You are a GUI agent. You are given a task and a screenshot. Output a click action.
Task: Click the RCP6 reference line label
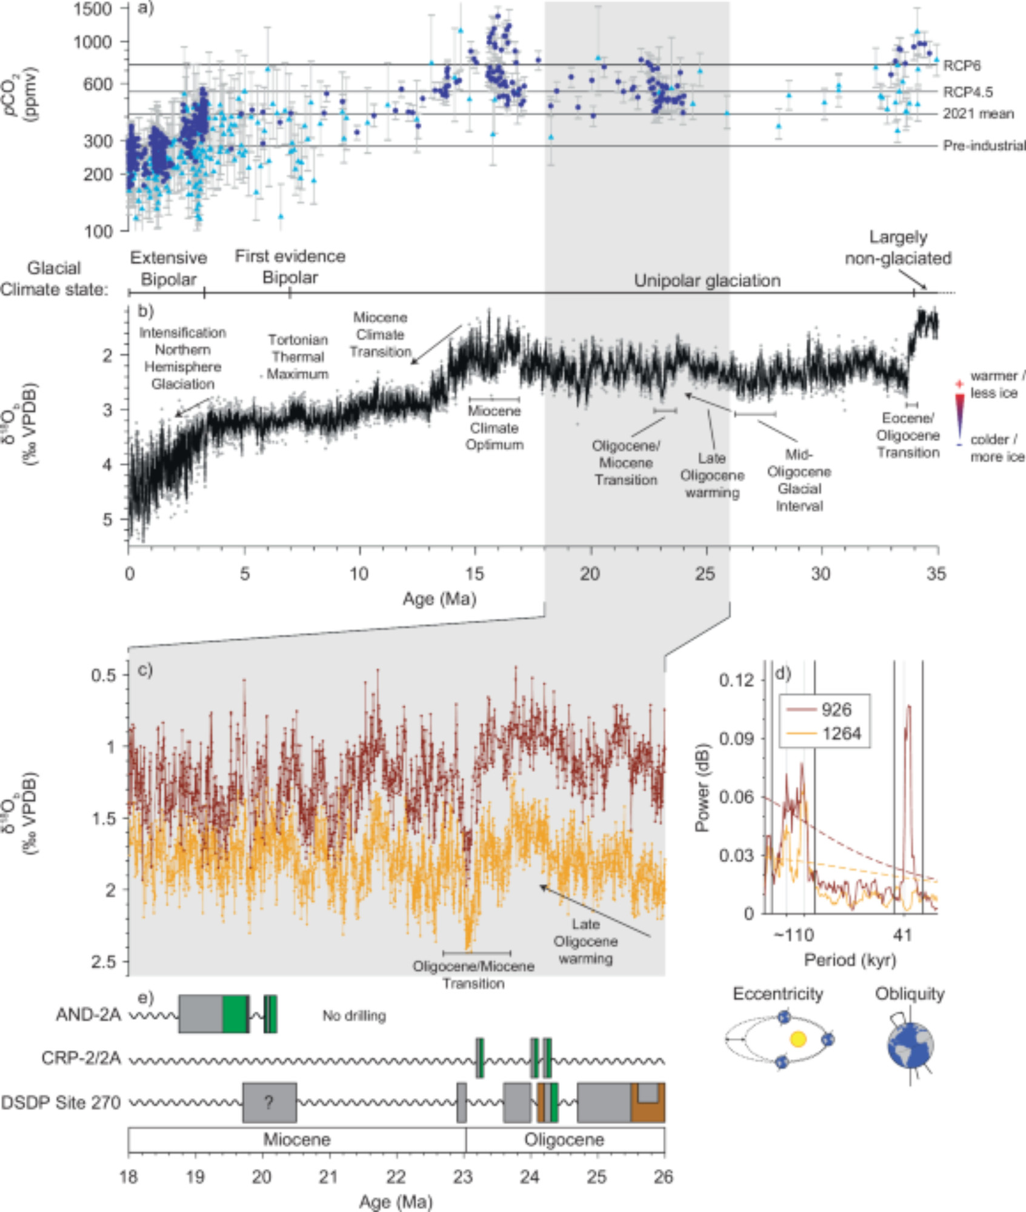point(962,65)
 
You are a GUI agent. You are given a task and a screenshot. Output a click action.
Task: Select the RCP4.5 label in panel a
point(968,92)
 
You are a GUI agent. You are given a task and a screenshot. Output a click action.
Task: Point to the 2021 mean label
point(978,114)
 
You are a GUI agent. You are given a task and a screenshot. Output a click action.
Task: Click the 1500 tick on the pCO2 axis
point(93,9)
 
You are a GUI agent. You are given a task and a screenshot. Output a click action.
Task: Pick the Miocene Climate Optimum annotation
point(494,428)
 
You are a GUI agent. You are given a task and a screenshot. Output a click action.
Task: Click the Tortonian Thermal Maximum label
point(298,357)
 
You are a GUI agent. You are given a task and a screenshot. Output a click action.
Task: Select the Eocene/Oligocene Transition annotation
point(908,435)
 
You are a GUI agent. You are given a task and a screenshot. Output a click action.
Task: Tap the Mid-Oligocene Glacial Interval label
point(799,480)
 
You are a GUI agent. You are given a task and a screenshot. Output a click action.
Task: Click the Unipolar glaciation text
point(707,281)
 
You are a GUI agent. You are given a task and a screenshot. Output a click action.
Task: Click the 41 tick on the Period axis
point(902,935)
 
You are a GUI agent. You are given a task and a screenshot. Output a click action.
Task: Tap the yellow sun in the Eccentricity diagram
point(798,1039)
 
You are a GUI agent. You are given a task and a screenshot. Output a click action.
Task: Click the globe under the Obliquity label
point(910,1046)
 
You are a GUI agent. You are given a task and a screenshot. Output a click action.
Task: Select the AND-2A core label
point(88,1014)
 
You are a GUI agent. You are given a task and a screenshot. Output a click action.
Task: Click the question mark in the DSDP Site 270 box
point(269,1102)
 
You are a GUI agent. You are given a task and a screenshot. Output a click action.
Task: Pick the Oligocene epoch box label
point(564,1139)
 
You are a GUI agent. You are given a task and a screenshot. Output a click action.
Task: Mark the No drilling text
point(354,1016)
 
